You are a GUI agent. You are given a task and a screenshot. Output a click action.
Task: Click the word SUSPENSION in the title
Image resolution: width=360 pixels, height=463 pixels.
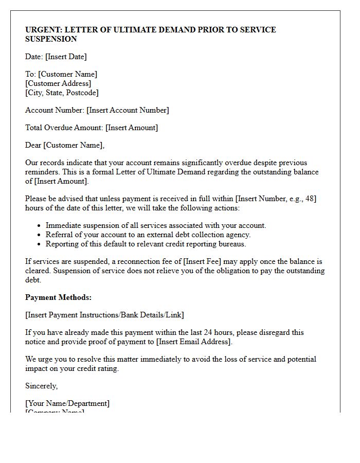point(51,39)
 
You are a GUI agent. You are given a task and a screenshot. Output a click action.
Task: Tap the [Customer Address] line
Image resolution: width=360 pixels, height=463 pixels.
point(58,83)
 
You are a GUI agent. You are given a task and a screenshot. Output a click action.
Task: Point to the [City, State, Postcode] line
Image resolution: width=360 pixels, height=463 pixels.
point(62,93)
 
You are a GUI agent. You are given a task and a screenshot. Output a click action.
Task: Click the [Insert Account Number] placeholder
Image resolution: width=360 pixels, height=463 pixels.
point(128,110)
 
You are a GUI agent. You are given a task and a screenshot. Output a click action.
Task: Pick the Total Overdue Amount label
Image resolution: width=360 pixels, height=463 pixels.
point(64,128)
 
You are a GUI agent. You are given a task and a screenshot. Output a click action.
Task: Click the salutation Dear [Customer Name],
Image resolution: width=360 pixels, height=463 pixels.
point(65,145)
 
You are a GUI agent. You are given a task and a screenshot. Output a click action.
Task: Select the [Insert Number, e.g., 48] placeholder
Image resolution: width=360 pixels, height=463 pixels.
point(276,199)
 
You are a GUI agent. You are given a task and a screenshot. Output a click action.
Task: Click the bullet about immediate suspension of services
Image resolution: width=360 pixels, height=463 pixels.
point(156,225)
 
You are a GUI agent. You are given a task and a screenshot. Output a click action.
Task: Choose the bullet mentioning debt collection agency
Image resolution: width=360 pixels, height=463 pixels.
point(148,235)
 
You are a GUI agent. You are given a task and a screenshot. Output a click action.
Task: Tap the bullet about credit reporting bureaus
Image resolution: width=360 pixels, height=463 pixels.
point(146,244)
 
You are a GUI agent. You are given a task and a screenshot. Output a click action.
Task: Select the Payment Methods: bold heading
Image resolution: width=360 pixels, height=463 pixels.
point(58,297)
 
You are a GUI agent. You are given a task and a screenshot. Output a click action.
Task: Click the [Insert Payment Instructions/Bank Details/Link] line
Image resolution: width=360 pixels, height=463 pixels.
point(104,315)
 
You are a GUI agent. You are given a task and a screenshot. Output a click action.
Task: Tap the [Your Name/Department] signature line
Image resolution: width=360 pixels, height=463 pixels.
point(67,403)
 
